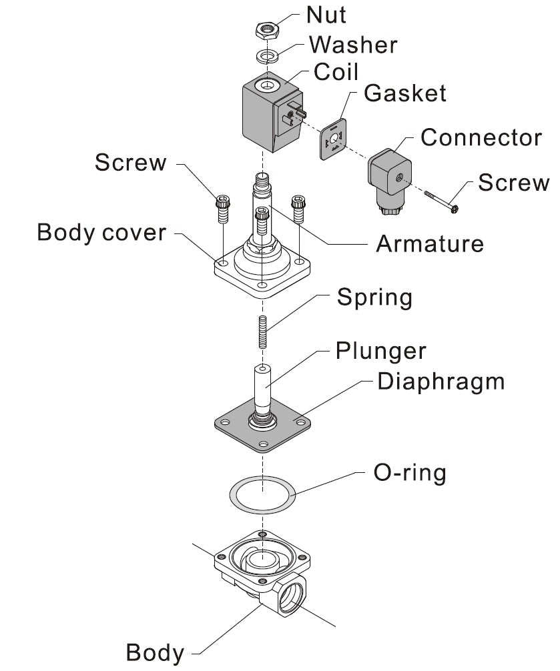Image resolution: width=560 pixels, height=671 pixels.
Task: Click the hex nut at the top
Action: click(267, 31)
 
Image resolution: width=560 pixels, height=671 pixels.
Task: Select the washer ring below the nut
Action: click(268, 55)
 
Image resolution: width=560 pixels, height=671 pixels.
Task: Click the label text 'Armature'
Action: click(430, 243)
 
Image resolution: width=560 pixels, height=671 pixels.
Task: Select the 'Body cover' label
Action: click(101, 233)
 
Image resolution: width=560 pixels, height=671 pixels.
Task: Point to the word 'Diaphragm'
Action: click(441, 382)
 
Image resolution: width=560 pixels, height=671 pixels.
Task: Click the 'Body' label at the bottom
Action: click(155, 652)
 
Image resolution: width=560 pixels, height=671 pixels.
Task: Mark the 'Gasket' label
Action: click(404, 93)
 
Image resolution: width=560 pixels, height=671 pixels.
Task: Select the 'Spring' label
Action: click(374, 297)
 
